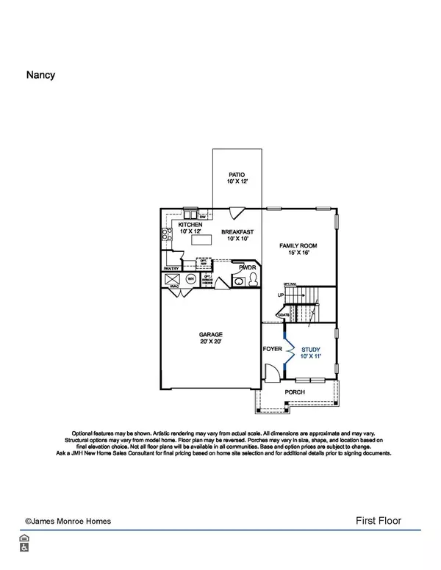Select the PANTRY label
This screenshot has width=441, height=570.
172,269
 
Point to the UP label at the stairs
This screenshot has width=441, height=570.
280,295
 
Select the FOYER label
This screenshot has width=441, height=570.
273,350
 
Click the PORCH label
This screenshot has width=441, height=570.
295,392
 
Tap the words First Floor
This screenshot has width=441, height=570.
378,521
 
